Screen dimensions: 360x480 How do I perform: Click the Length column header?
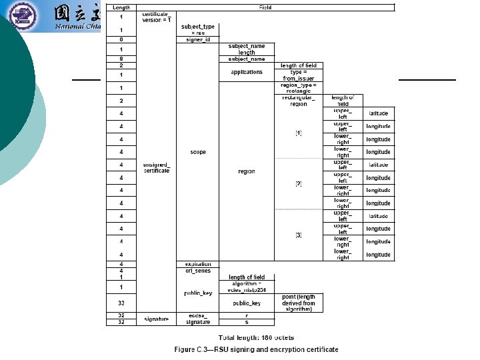(121, 7)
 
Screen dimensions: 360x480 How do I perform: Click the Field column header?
(265, 7)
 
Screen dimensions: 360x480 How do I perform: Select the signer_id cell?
(197, 40)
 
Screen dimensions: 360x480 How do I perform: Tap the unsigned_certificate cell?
(157, 167)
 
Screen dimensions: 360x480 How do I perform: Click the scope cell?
(197, 152)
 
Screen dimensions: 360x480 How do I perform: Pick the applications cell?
(247, 72)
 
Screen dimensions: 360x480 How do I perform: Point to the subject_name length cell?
(247, 49)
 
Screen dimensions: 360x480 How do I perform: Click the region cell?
(247, 171)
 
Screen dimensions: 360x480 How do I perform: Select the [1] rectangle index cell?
(298, 133)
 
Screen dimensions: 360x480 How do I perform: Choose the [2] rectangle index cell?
(298, 183)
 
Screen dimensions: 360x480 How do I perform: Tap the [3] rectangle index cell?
(298, 235)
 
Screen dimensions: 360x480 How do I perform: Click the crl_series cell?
(197, 271)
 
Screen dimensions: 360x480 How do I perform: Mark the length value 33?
(121, 303)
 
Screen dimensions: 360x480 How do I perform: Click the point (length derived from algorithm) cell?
(299, 303)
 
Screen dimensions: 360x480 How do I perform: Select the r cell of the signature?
(247, 315)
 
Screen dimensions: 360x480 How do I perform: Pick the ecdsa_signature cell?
(197, 319)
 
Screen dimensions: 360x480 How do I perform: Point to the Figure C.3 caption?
(256, 349)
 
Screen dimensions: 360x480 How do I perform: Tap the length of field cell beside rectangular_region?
(343, 101)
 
